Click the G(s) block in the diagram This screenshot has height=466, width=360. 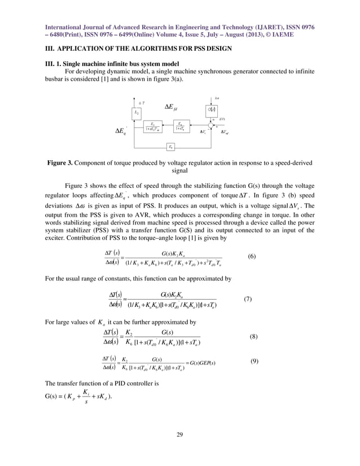tap(213, 109)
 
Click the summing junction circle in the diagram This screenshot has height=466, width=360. tap(212, 126)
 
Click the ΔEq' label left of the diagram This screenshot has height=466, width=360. tap(120, 133)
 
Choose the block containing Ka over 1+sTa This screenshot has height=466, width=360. tap(180, 126)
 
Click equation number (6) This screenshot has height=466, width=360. tap(252, 256)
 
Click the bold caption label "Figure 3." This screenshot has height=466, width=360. tap(63, 163)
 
